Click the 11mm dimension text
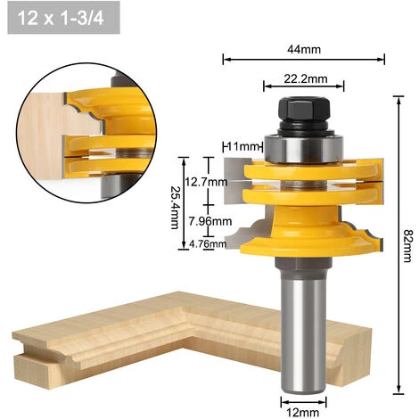tap(242, 145)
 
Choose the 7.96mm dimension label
tap(211, 221)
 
